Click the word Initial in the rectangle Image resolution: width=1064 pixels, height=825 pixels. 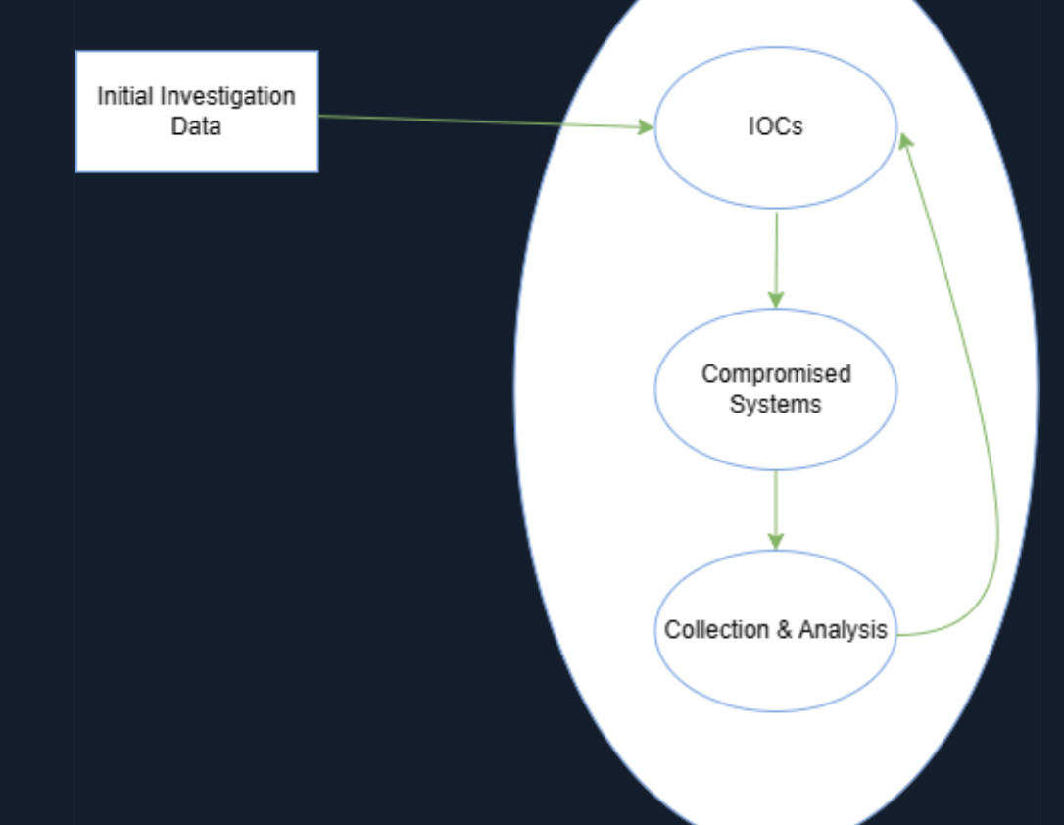pyautogui.click(x=124, y=96)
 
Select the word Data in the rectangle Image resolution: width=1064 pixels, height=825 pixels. pyautogui.click(x=196, y=126)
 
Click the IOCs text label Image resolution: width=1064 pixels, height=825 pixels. pyautogui.click(x=775, y=126)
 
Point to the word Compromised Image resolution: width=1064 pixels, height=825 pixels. pyautogui.click(x=776, y=373)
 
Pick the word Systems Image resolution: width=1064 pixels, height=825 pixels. pyautogui.click(x=775, y=404)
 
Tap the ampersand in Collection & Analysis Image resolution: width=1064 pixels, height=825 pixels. pyautogui.click(x=784, y=630)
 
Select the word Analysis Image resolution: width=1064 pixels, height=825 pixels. pyautogui.click(x=843, y=629)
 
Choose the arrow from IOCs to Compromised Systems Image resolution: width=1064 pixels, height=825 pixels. pyautogui.click(x=776, y=255)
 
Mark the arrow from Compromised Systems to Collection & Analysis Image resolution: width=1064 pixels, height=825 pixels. pyautogui.click(x=776, y=505)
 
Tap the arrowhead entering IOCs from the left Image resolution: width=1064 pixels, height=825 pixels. pyautogui.click(x=646, y=127)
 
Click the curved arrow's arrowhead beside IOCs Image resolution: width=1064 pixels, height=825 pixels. pyautogui.click(x=905, y=141)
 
